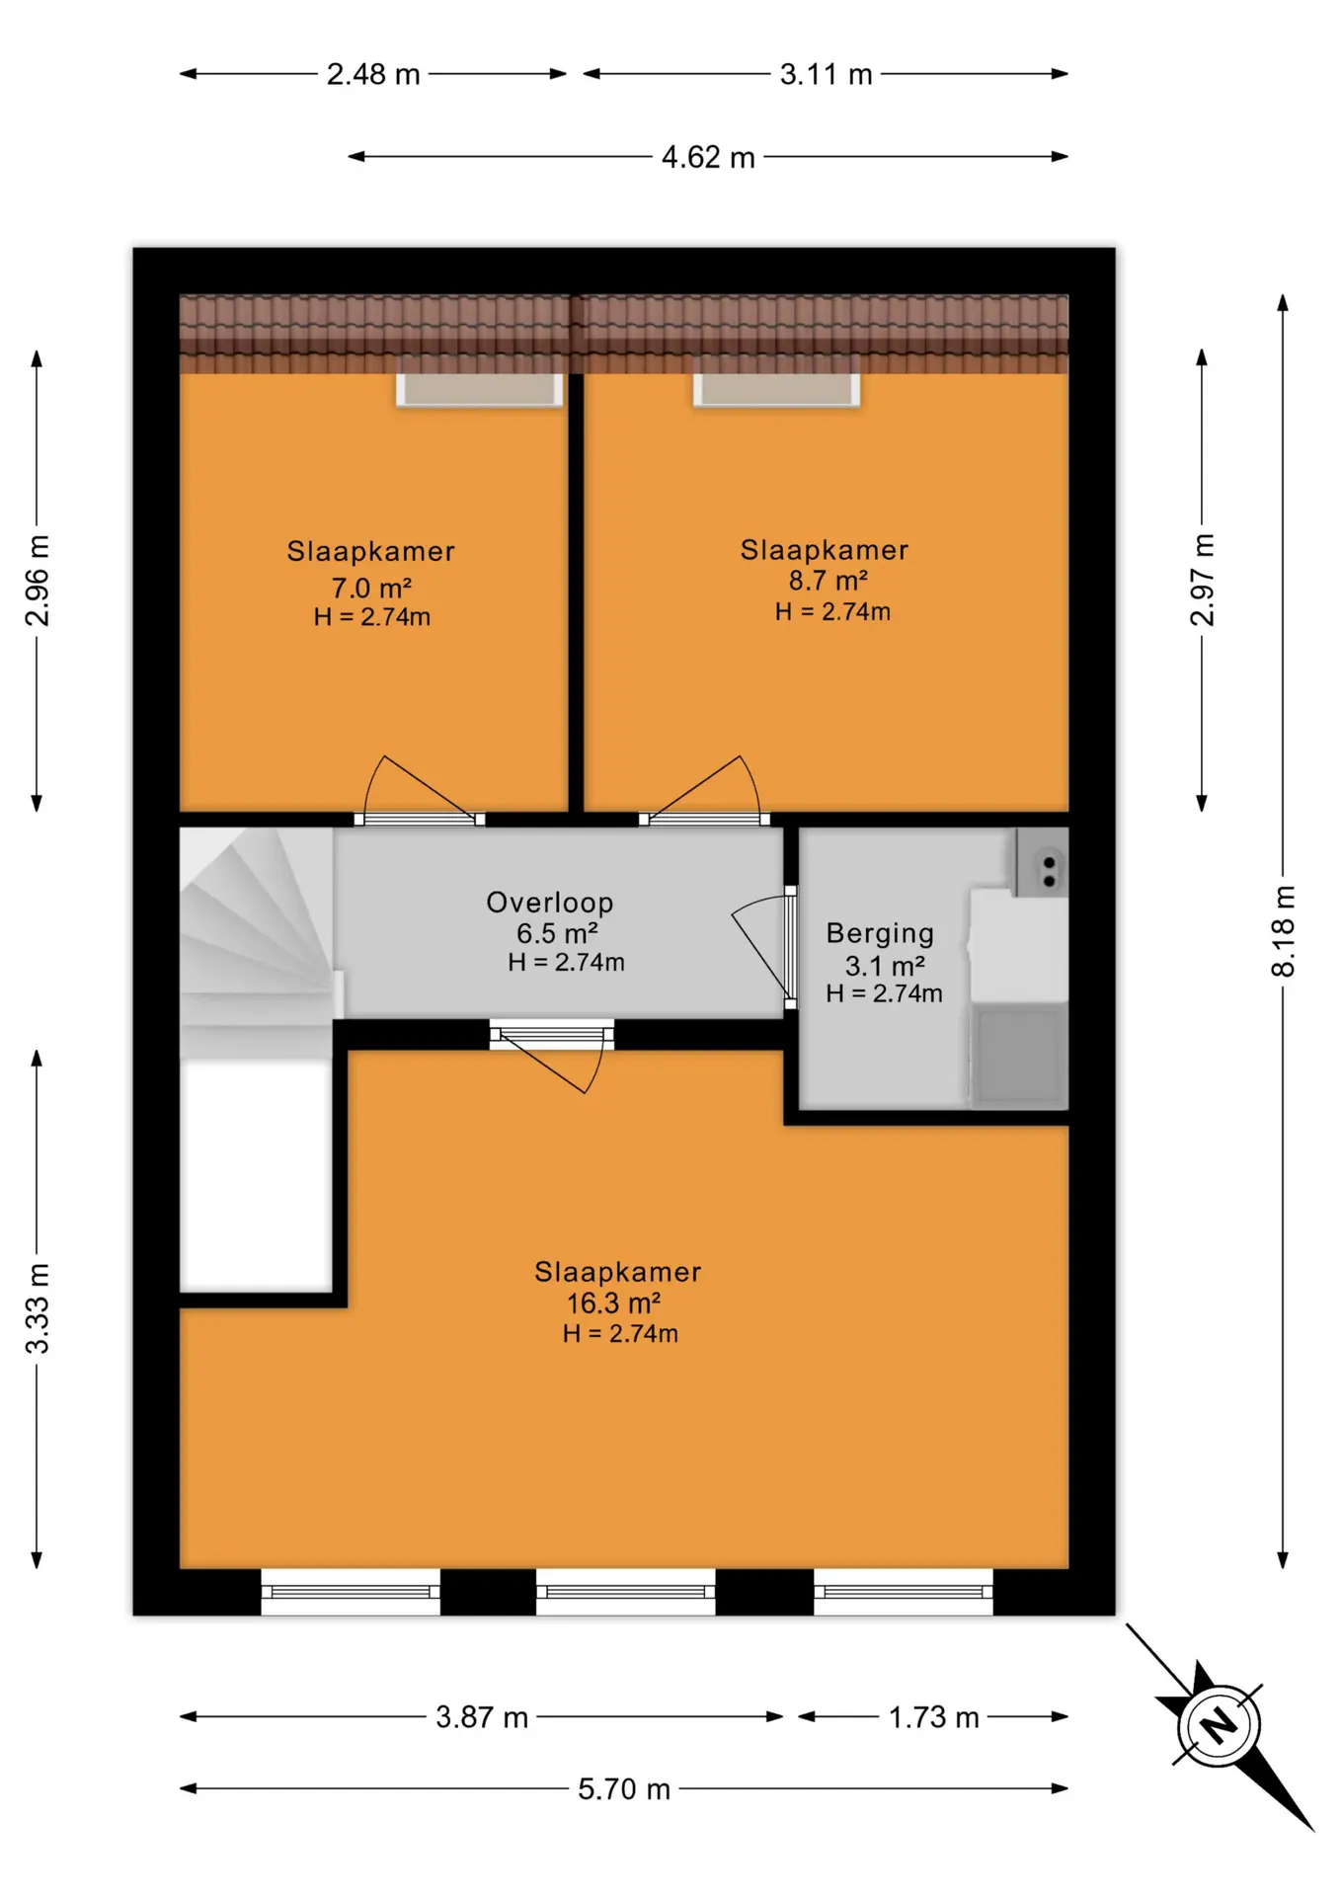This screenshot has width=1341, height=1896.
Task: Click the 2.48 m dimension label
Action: coord(373,74)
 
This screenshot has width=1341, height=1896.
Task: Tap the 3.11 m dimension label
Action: coord(826,74)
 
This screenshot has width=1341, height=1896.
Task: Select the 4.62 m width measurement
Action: coord(708,157)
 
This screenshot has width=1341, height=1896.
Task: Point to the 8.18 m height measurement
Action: coord(1283,931)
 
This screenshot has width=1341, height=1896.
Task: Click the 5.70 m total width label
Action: coord(624,1788)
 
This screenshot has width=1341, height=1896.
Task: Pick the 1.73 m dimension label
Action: coord(933,1717)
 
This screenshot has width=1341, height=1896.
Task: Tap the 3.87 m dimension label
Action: coord(482,1717)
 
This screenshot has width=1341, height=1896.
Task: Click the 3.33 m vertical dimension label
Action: coord(37,1308)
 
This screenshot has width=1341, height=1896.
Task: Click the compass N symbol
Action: coord(1219,1725)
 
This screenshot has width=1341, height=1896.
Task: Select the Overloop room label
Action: coord(550,902)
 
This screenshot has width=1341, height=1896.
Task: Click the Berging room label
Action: coord(880,933)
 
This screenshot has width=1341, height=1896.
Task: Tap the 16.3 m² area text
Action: coord(613,1303)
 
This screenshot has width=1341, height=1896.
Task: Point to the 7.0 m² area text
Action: coord(371,588)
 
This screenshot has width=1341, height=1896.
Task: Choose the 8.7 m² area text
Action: coord(828,580)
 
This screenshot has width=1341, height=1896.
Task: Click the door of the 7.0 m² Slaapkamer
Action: coord(419,790)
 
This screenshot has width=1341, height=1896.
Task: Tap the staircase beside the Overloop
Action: coord(257,943)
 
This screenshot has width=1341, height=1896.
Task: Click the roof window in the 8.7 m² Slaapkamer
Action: coord(776,389)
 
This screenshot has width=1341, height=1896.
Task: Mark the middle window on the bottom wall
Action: coord(626,1591)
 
